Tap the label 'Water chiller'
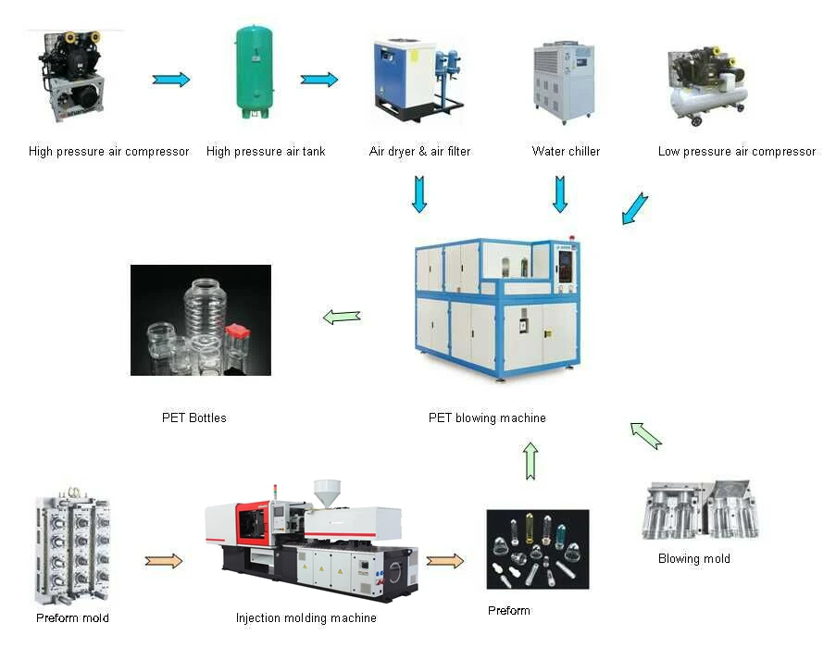[566, 151]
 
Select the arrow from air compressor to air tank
[171, 80]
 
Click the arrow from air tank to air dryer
[319, 80]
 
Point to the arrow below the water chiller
[560, 194]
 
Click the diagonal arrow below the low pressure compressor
[635, 208]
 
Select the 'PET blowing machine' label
[487, 417]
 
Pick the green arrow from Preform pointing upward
[530, 461]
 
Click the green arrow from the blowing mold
[646, 435]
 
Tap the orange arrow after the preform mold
[164, 560]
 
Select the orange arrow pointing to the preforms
[445, 560]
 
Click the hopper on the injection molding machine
[326, 493]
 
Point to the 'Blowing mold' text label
[694, 558]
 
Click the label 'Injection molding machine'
[306, 617]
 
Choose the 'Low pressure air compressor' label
[737, 151]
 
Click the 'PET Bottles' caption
[194, 417]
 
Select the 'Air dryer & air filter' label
[419, 151]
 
